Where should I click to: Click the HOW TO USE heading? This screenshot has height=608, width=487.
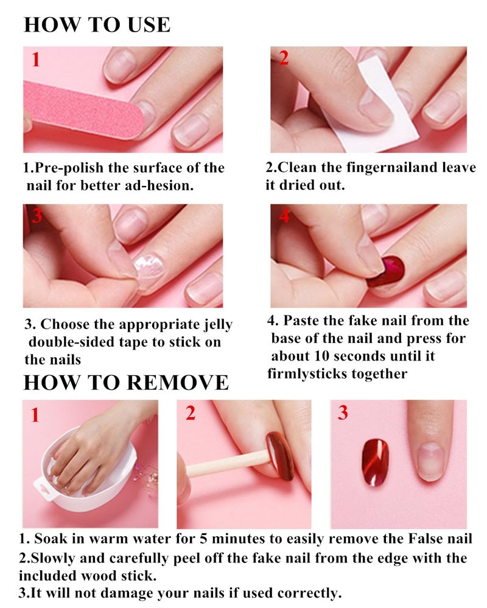point(97,24)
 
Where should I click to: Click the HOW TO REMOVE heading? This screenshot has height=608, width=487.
point(126,382)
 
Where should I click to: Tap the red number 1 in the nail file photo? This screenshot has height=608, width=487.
point(36,60)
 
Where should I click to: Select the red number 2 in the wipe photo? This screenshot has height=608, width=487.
point(284,58)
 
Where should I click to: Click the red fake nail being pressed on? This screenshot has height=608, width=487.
point(387,271)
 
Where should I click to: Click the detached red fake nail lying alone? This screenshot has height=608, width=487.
point(375,463)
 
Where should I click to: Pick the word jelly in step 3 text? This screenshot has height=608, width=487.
point(219,325)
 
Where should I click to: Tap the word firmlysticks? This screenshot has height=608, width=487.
point(307,374)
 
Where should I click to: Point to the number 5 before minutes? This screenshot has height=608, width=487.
point(203,539)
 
